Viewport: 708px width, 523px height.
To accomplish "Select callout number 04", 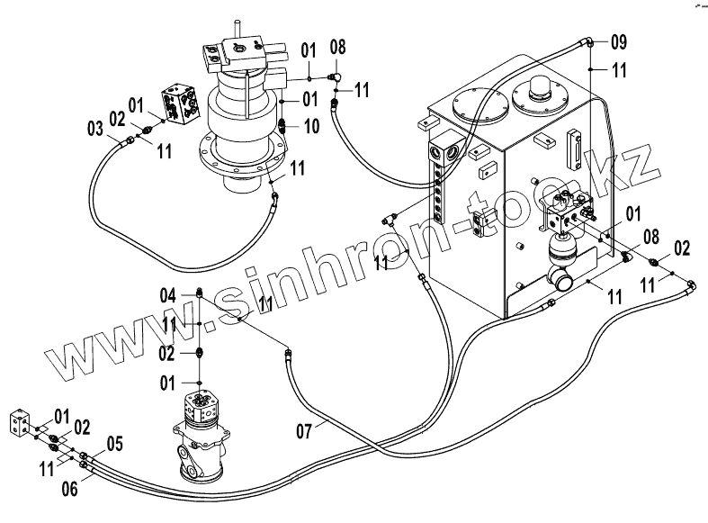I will click(x=168, y=293).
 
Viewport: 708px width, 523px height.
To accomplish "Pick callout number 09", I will click(x=619, y=41).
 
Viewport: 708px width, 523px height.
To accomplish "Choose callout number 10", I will click(x=310, y=127).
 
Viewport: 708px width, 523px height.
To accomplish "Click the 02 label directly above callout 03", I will click(x=118, y=117).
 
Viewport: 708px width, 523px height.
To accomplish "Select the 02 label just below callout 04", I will click(x=168, y=350).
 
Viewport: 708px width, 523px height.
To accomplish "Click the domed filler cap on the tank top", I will click(x=542, y=91).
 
